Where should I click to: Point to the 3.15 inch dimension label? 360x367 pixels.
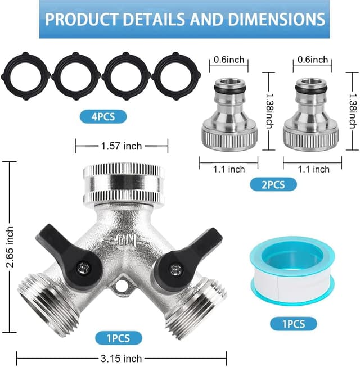pos(120,358)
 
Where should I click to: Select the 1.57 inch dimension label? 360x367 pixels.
pos(120,146)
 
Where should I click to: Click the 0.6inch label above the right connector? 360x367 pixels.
pos(312,60)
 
